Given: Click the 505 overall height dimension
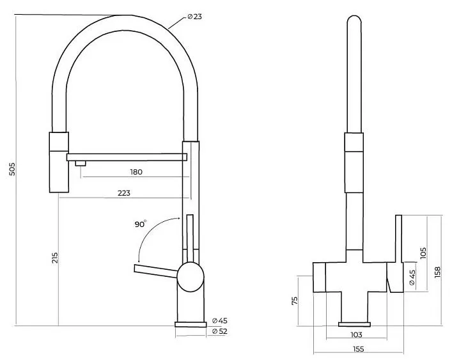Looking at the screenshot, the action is click(x=12, y=169).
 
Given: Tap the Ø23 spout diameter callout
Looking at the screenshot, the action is click(x=194, y=17).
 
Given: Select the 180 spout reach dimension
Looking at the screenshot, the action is click(x=136, y=172).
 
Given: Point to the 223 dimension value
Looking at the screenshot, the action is click(x=124, y=193).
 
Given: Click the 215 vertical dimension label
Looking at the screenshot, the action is click(x=55, y=258).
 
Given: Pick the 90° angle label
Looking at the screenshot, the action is click(x=141, y=224).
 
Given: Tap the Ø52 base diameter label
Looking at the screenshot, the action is click(x=220, y=331).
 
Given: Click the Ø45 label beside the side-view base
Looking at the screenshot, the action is click(x=220, y=320).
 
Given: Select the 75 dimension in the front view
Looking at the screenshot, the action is click(x=294, y=301).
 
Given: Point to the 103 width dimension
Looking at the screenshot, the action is click(x=356, y=334).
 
